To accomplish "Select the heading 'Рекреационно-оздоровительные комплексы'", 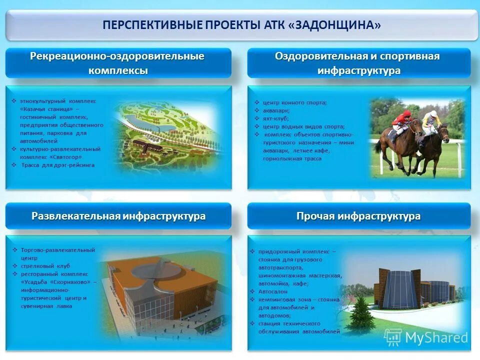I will (118, 63).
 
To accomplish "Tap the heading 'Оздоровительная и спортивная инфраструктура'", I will (358, 63).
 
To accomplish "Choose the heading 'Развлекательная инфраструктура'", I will (118, 216).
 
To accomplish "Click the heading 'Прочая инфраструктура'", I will (358, 216).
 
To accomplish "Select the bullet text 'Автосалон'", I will (272, 291).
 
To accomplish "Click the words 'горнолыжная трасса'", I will (292, 158).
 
